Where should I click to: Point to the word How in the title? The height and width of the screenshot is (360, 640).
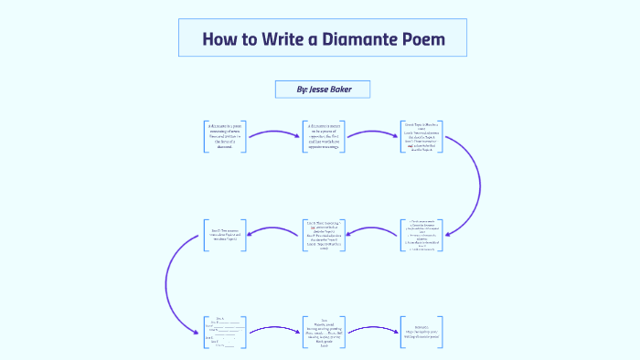pyautogui.click(x=221, y=40)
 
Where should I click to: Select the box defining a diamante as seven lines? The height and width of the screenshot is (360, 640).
pyautogui.click(x=224, y=135)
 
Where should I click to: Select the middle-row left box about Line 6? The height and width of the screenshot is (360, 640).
pyautogui.click(x=224, y=235)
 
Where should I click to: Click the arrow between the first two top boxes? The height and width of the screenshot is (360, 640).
pyautogui.click(x=273, y=134)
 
